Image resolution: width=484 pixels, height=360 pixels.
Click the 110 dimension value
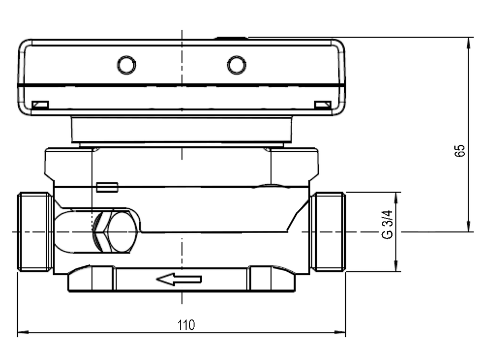[186, 325]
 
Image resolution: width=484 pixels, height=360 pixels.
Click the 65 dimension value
[460, 151]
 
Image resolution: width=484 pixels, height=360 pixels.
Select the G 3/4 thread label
[387, 224]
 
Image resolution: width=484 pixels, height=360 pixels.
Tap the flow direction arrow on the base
[179, 279]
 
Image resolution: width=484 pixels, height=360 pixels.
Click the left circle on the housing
[126, 65]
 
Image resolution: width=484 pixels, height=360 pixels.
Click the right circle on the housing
[237, 65]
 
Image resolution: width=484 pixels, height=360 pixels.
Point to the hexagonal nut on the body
[115, 231]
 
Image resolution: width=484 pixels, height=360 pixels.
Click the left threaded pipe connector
[35, 231]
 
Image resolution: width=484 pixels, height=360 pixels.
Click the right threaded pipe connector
[328, 231]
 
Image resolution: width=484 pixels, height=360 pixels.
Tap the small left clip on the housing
[40, 105]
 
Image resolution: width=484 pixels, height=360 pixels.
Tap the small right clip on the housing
[323, 105]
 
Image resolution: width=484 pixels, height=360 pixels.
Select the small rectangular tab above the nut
[107, 187]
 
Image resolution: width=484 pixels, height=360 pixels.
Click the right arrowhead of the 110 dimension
[340, 333]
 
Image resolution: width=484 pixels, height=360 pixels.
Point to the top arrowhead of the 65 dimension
[469, 43]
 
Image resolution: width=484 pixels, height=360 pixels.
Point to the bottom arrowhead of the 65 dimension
[469, 226]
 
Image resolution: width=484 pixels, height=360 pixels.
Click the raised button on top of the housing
[231, 38]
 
